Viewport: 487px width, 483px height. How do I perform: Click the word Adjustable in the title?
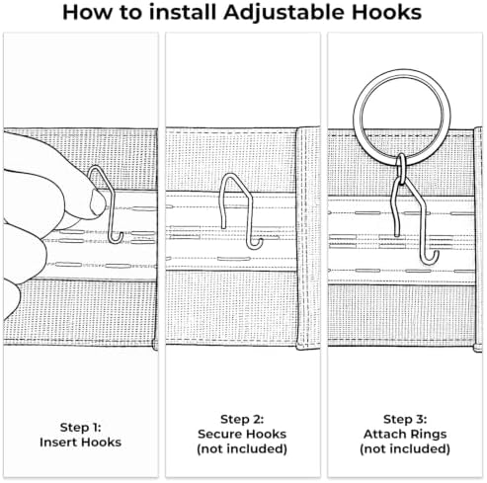click(x=284, y=13)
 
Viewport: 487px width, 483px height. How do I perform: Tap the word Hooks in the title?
click(x=386, y=12)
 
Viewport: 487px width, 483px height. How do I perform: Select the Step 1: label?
click(x=80, y=428)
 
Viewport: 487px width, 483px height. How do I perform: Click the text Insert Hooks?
click(x=80, y=442)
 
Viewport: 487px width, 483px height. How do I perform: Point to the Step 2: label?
click(x=242, y=420)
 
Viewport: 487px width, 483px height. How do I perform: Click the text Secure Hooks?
click(x=242, y=434)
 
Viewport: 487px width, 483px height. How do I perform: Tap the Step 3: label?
click(x=405, y=420)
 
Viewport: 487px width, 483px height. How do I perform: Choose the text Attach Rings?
click(x=405, y=434)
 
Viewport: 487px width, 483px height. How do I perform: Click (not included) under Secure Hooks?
click(x=242, y=448)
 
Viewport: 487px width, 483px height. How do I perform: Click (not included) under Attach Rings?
click(x=405, y=448)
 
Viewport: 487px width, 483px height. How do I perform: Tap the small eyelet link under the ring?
click(x=401, y=169)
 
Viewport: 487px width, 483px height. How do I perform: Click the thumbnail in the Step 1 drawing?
click(x=98, y=202)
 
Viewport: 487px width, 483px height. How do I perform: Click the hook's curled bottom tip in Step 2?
click(x=260, y=242)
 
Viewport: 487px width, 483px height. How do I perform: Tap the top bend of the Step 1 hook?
click(x=97, y=167)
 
